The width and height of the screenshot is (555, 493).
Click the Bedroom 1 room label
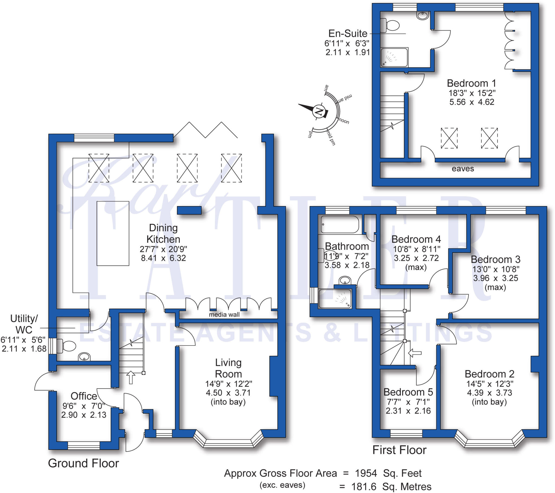click(471, 83)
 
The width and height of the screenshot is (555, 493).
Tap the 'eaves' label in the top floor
click(463, 169)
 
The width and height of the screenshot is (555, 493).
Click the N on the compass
click(319, 111)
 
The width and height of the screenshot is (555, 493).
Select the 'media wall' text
click(224, 315)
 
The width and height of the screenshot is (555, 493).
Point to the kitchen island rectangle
click(113, 233)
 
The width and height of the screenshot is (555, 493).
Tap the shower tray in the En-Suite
click(394, 57)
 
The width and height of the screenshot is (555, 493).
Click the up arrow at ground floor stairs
click(131, 377)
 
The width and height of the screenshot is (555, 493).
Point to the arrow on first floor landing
click(415, 353)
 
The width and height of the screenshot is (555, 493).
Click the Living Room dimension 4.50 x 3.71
click(228, 393)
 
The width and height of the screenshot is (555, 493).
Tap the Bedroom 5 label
click(408, 392)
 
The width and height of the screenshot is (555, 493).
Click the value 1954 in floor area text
click(366, 473)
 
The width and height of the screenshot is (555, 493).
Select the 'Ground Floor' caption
click(83, 463)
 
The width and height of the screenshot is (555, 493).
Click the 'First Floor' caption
click(399, 450)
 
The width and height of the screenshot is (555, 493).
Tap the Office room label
click(84, 396)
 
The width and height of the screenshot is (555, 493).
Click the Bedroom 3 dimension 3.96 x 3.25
click(496, 278)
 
